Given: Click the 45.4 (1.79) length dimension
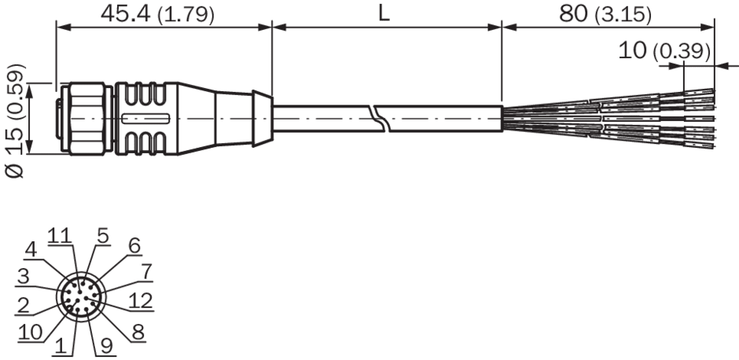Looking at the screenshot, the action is [x=157, y=14].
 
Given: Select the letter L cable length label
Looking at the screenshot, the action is [x=384, y=14].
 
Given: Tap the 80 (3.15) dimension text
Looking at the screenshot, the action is [x=605, y=15].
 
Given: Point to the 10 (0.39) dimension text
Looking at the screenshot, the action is [x=664, y=51].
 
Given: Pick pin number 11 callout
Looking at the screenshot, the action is [x=60, y=236].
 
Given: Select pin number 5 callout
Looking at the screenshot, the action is [x=103, y=236].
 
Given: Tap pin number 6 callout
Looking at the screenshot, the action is [x=134, y=245].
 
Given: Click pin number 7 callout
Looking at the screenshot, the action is [x=146, y=272].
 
